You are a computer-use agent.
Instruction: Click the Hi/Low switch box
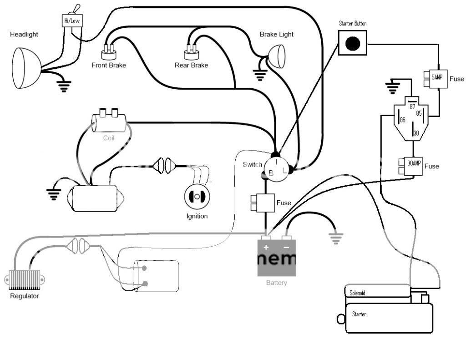[x=72, y=21]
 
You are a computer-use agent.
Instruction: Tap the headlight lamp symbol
[x=26, y=68]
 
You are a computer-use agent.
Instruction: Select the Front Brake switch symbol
[x=109, y=52]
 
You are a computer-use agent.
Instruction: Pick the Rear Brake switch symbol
[x=192, y=52]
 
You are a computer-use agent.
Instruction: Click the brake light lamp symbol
[x=277, y=56]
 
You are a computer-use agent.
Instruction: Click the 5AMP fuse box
[x=436, y=79]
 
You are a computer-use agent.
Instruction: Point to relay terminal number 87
[x=412, y=106]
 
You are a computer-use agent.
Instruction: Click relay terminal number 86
[x=402, y=120]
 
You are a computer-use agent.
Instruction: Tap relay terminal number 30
[x=416, y=133]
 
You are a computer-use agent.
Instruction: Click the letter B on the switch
[x=271, y=173]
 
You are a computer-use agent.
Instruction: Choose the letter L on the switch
[x=284, y=171]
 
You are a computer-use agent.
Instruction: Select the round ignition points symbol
[x=197, y=197]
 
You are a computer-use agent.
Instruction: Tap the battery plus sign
[x=266, y=247]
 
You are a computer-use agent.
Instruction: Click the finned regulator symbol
[x=25, y=280]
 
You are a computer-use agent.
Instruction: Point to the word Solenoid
[x=357, y=293]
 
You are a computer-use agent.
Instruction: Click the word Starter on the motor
[x=359, y=314]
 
